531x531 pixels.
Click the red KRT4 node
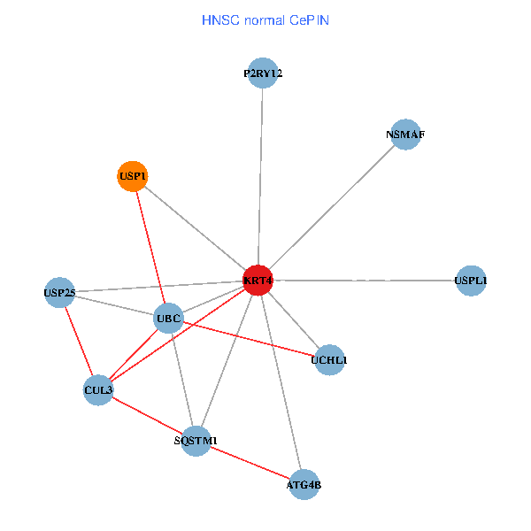click(x=258, y=281)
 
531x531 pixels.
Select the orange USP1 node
click(x=132, y=176)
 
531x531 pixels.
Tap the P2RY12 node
click(x=263, y=73)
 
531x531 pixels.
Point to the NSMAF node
click(x=405, y=135)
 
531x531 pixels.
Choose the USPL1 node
click(x=471, y=281)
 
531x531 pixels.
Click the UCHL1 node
click(x=329, y=359)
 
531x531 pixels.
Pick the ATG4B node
click(x=304, y=484)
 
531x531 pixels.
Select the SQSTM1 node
click(x=196, y=440)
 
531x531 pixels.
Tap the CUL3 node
click(x=98, y=389)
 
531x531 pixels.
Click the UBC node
click(x=168, y=318)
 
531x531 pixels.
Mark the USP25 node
click(x=59, y=292)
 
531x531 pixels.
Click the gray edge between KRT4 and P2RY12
click(x=260, y=177)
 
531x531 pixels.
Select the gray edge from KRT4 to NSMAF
click(x=332, y=207)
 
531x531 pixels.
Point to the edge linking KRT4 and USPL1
click(x=365, y=281)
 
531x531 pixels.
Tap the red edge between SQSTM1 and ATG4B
click(x=250, y=462)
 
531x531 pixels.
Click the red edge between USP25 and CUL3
click(x=79, y=341)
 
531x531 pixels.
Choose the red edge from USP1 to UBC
click(x=150, y=247)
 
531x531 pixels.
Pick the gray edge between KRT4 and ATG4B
click(x=281, y=382)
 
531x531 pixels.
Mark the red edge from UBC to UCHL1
click(x=249, y=339)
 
